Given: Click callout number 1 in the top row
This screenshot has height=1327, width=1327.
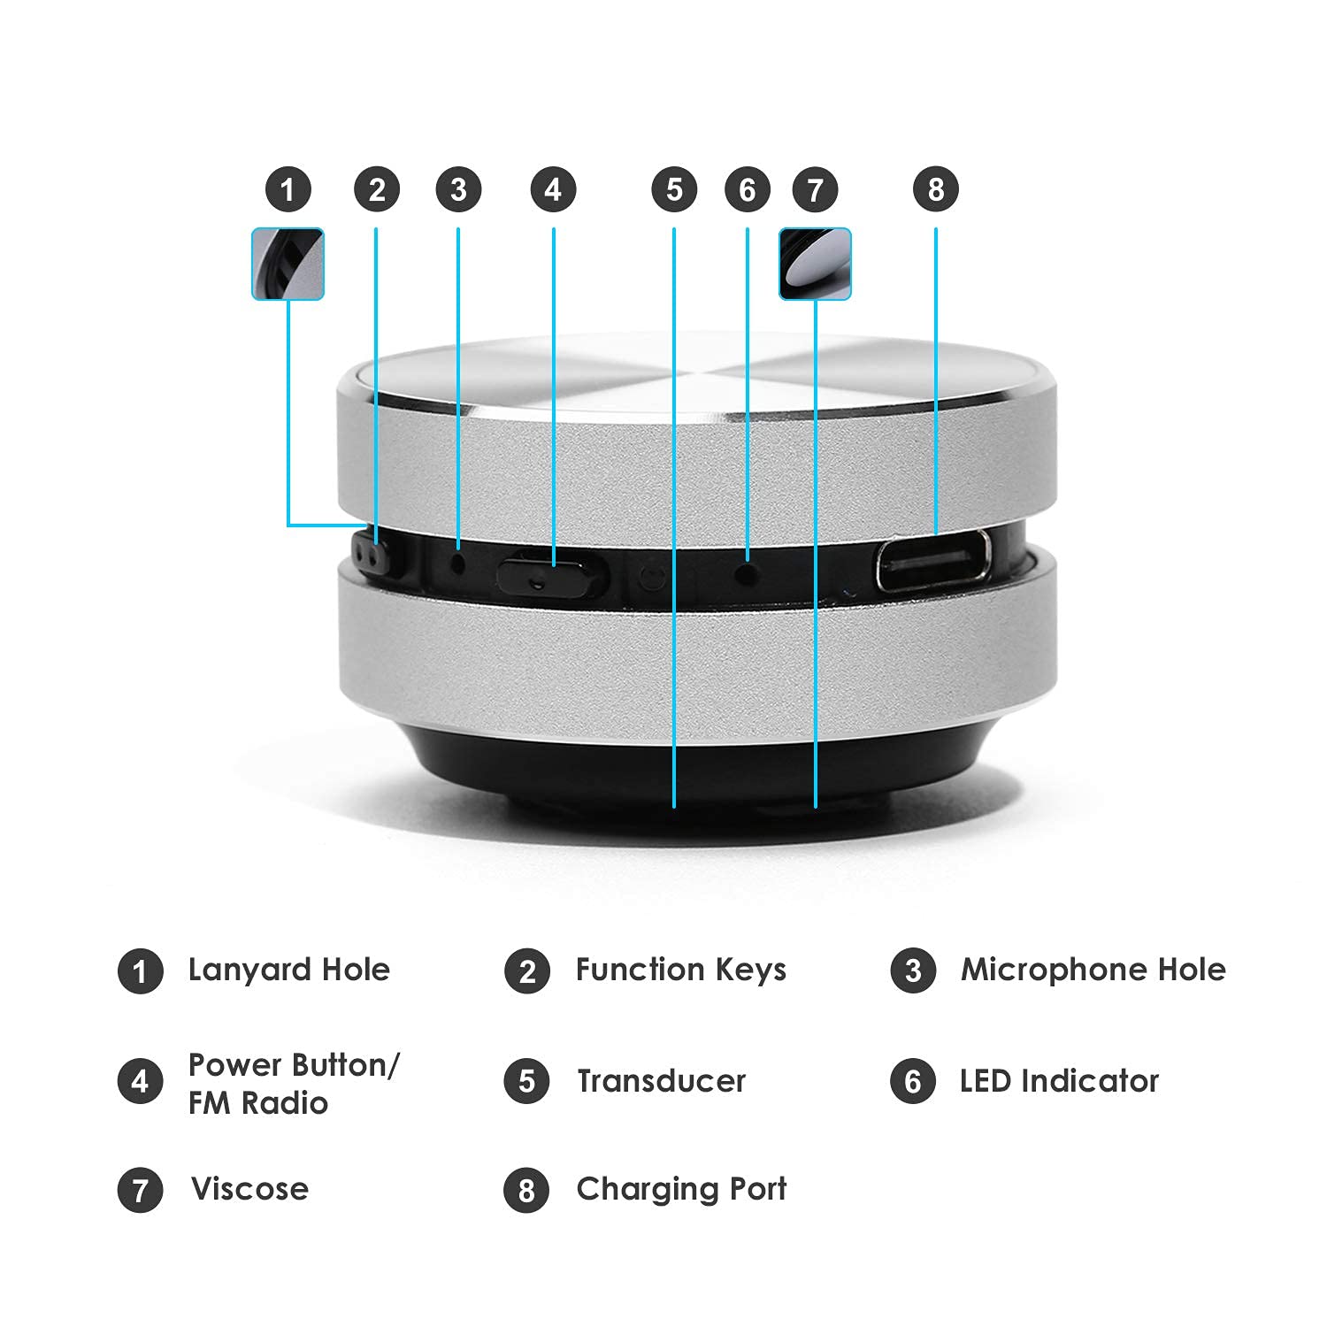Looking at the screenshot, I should (x=288, y=189).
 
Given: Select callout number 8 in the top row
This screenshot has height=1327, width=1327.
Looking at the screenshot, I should (x=936, y=189).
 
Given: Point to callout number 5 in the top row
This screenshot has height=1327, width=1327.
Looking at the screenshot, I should (x=674, y=189).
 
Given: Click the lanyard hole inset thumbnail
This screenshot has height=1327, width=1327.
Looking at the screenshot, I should (x=288, y=264).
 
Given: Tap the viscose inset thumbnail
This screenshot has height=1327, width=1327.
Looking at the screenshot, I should (x=815, y=264).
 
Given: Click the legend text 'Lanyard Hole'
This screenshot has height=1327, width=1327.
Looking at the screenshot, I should (x=288, y=970).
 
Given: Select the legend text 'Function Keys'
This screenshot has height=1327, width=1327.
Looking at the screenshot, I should (x=680, y=970).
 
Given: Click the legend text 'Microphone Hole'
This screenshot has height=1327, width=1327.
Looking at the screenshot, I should (x=1093, y=970).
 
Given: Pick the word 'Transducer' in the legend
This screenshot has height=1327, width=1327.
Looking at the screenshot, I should (x=661, y=1081).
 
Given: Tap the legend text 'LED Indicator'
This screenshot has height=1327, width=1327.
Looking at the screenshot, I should (x=1059, y=1081).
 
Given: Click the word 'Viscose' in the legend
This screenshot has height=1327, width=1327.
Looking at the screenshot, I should (x=249, y=1189).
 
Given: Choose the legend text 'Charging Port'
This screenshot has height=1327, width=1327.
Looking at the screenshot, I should (x=680, y=1189).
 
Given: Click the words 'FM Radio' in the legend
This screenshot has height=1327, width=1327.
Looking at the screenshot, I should (x=257, y=1103).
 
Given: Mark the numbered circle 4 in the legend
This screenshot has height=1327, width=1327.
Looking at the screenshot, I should (x=140, y=1081).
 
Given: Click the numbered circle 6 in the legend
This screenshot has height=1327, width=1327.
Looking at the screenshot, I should (x=913, y=1081).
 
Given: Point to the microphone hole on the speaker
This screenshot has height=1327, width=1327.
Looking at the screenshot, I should (x=458, y=562).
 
